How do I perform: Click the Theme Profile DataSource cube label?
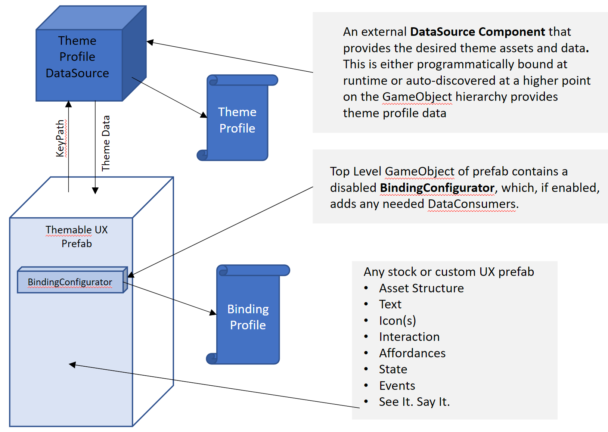[x=77, y=57]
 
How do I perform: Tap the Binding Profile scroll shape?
[x=248, y=317]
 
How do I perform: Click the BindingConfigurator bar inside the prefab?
[x=70, y=282]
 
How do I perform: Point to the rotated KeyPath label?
[x=61, y=138]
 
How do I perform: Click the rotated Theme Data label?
[x=106, y=143]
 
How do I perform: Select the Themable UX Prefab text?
[x=77, y=236]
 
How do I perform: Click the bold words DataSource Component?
[x=478, y=32]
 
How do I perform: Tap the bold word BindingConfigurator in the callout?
[x=437, y=187]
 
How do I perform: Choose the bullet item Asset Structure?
[x=421, y=288]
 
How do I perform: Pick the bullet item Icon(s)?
[x=397, y=321]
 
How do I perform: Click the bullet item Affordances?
[x=412, y=353]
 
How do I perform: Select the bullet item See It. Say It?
[x=414, y=402]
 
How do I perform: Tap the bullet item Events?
[x=397, y=386]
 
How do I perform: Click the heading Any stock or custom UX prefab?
[x=449, y=272]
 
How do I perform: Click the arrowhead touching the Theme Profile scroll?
[x=204, y=115]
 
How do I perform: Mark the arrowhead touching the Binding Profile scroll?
[x=213, y=313]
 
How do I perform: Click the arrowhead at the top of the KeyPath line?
[x=68, y=104]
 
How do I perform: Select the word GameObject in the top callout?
[x=417, y=97]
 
